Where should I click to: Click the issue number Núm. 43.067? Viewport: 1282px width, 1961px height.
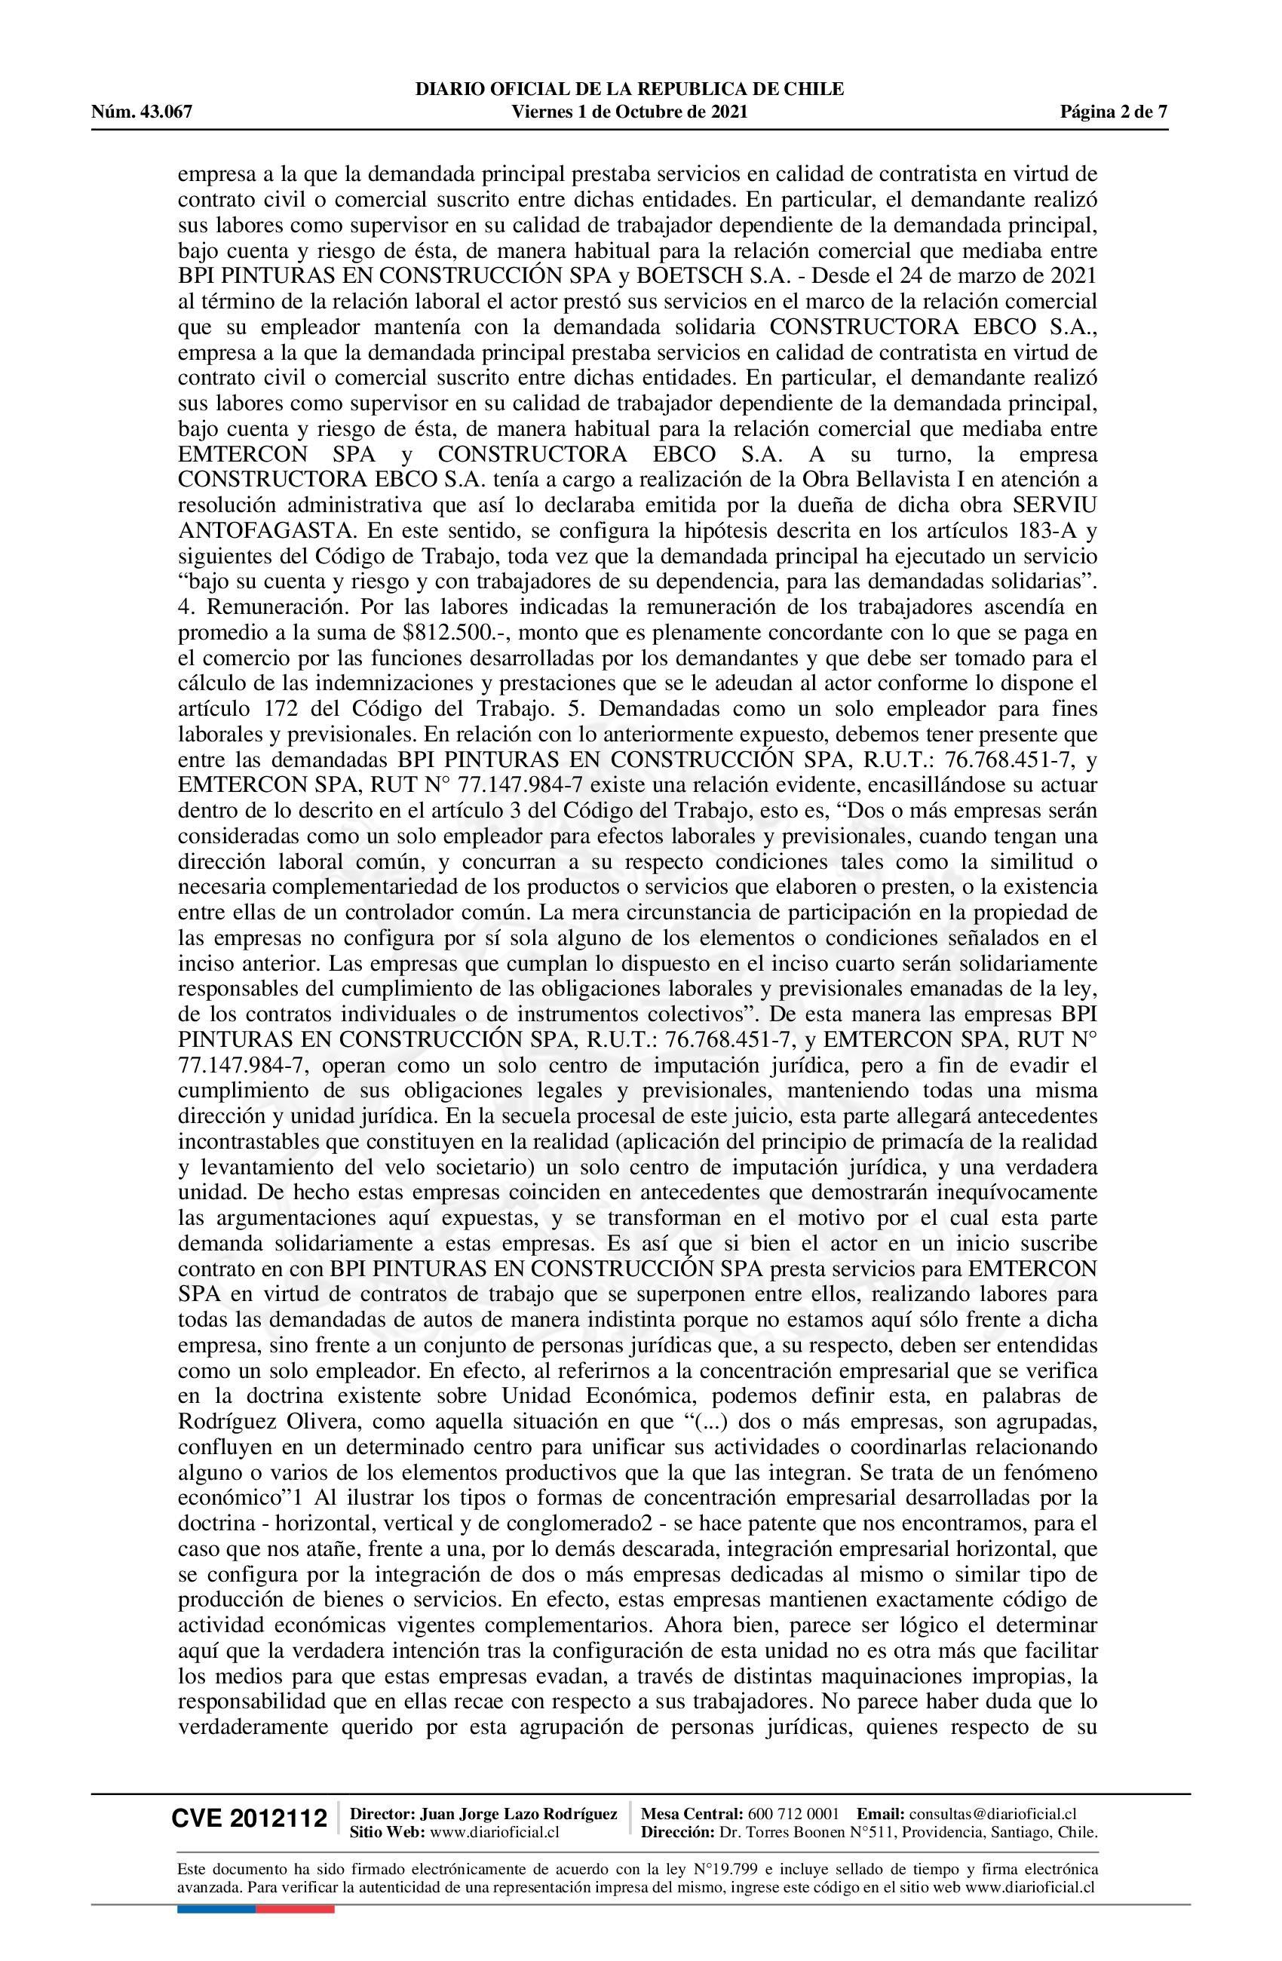pos(141,112)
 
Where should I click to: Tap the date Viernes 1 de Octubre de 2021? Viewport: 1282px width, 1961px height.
pos(630,112)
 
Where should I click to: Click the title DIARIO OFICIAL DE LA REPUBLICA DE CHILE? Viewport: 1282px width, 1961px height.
pos(630,89)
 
